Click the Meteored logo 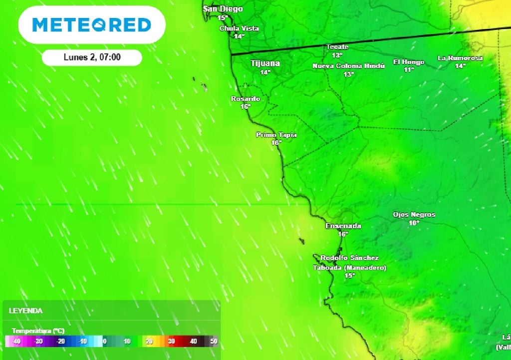point(92,24)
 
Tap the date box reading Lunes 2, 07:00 point(92,57)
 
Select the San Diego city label point(223,9)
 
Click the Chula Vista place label point(239,28)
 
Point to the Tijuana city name point(264,63)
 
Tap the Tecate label point(337,47)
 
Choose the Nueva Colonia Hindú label point(349,66)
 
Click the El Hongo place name point(409,62)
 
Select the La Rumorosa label point(460,58)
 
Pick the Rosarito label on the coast point(245,99)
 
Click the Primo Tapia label point(276,135)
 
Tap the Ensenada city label point(343,226)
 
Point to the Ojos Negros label point(414,215)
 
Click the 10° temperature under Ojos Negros point(414,223)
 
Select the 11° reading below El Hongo point(409,70)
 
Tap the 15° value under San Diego point(223,17)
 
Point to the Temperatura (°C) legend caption point(38,331)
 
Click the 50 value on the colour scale point(214,342)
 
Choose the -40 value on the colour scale point(16,342)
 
